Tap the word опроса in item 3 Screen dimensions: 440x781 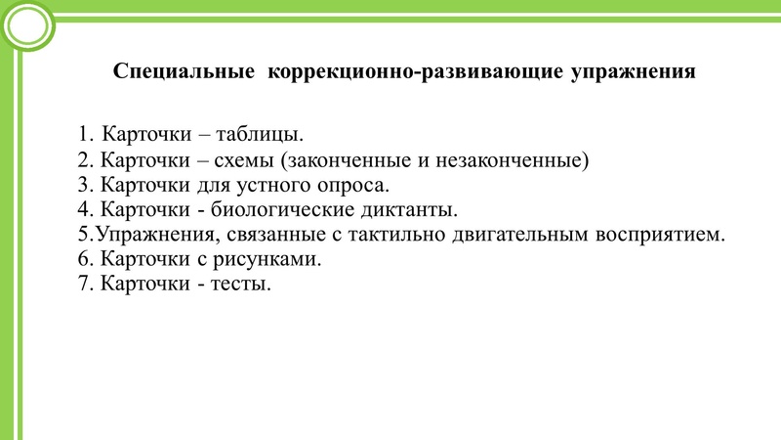356,186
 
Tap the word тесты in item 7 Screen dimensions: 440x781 243,286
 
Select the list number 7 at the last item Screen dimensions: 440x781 83,286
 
